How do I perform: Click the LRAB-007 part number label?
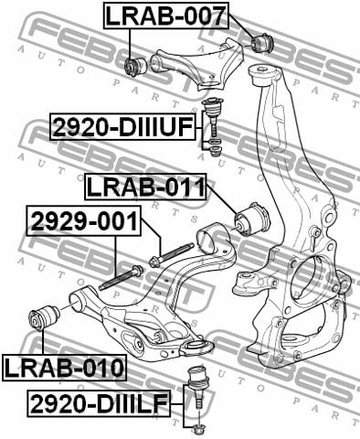click(166, 16)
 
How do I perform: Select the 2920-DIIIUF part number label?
click(122, 127)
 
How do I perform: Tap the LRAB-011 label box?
click(145, 187)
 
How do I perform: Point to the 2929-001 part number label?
click(84, 221)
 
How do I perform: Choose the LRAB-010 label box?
click(64, 368)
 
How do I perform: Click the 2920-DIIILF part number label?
click(99, 404)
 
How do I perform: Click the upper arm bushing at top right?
click(262, 43)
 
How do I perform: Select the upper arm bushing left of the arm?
click(136, 66)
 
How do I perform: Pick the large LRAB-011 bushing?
click(252, 218)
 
